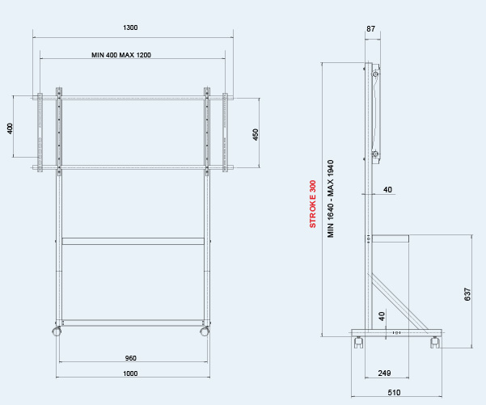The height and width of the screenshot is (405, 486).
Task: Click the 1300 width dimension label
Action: click(x=130, y=27)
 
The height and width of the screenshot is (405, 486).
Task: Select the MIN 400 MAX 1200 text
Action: click(x=121, y=55)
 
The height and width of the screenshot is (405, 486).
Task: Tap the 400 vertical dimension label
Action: click(x=10, y=129)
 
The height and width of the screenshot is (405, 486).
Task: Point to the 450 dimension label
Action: click(x=256, y=135)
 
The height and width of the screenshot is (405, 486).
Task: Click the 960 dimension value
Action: click(x=130, y=358)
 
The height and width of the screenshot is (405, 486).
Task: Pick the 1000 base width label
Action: click(x=130, y=373)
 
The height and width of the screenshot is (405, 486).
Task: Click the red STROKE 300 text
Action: click(x=313, y=204)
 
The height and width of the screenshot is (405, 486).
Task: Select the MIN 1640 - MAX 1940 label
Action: click(x=331, y=199)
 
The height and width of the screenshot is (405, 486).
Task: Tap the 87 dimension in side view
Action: click(x=370, y=29)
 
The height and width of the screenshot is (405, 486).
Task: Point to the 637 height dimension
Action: click(x=467, y=294)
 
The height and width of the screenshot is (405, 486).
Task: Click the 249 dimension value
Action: click(x=384, y=373)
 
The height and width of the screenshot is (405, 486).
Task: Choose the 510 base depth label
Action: click(x=394, y=393)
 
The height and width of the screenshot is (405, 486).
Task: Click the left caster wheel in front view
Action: click(x=57, y=331)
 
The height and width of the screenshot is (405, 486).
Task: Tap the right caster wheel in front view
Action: click(x=205, y=331)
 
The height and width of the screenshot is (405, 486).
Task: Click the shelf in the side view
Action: click(x=391, y=238)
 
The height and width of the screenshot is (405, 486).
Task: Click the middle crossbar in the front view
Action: click(x=133, y=242)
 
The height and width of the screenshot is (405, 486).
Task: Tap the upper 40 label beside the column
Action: click(x=387, y=190)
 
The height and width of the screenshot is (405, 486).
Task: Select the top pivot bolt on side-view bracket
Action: click(x=375, y=74)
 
